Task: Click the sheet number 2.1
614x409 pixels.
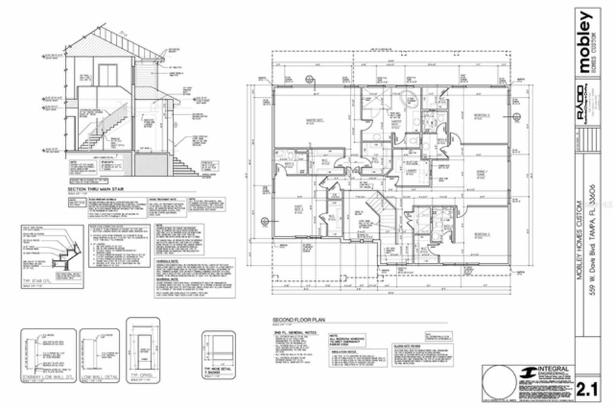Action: pos(587,388)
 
